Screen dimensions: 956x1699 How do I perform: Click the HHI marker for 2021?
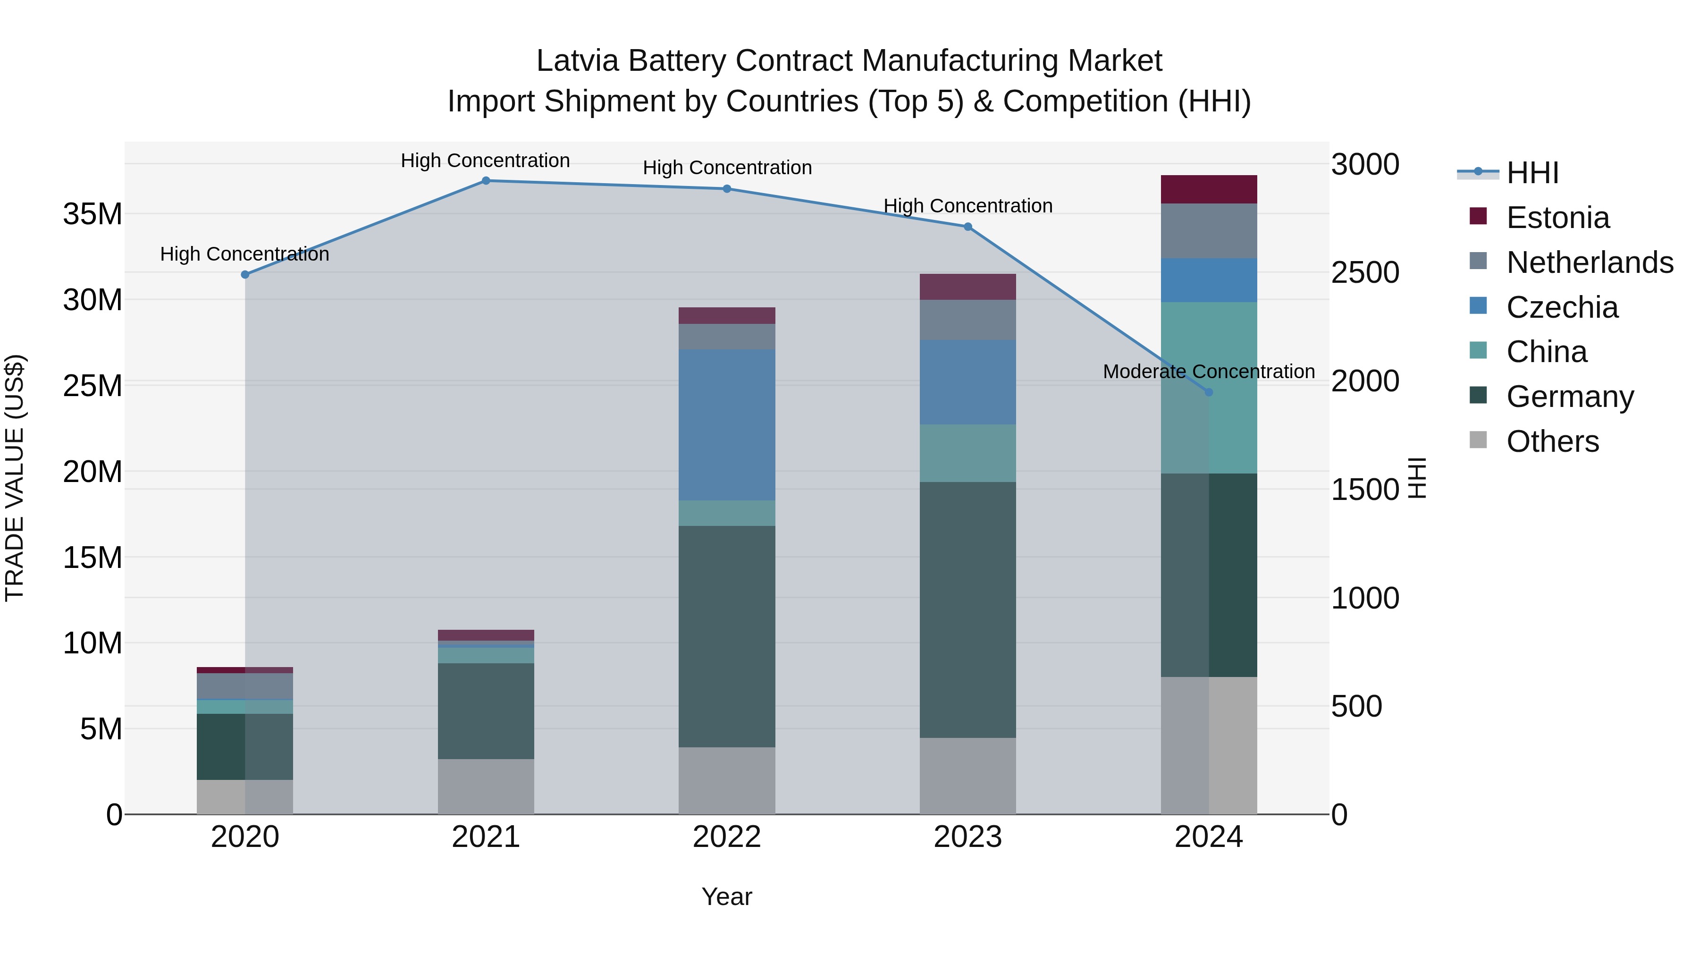(486, 180)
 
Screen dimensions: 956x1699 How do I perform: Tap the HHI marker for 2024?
(1208, 392)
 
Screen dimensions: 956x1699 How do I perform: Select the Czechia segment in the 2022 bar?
(727, 425)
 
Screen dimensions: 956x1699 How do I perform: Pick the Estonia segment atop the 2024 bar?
(1208, 189)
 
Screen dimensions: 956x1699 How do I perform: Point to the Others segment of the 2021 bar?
(486, 787)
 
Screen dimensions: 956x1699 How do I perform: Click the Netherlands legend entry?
(1590, 262)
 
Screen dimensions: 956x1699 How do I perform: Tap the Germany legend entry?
(1570, 397)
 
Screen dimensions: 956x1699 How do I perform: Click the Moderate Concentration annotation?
(1208, 372)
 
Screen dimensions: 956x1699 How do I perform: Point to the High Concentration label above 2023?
(967, 206)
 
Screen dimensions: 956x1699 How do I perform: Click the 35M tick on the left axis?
(93, 214)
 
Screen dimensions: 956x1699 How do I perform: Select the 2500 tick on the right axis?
(1364, 272)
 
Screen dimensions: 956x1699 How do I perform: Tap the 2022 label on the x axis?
(727, 837)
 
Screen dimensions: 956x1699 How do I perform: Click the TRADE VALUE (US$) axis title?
(15, 478)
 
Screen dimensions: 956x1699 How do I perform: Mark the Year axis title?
(727, 897)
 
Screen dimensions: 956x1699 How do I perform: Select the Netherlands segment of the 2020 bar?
(244, 686)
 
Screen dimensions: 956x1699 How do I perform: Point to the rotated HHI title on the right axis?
(1417, 478)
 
